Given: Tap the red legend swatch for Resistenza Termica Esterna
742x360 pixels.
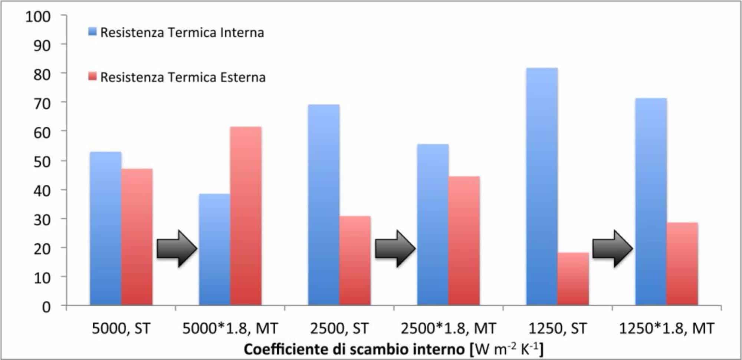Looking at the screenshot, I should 92,76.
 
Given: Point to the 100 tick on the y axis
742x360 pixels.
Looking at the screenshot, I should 38,17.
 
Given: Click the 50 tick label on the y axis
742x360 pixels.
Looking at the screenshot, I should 42,162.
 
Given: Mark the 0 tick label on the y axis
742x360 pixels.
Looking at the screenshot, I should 46,307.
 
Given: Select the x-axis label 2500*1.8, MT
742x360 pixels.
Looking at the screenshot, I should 448,328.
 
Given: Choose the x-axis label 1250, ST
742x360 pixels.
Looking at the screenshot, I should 557,328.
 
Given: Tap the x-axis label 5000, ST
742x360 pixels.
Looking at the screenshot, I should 121,328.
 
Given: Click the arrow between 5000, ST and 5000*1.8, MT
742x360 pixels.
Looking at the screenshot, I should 177,249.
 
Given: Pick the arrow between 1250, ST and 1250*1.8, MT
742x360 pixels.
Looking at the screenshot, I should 612,249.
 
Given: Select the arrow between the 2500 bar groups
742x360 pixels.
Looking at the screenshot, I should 395,249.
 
